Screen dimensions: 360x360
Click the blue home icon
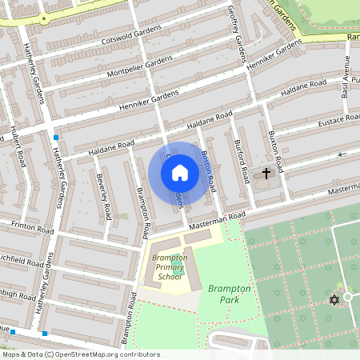[x=180, y=172]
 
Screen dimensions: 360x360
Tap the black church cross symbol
[x=267, y=174]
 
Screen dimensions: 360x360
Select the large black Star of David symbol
[x=334, y=300]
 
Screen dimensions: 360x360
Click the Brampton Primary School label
[x=170, y=267]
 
